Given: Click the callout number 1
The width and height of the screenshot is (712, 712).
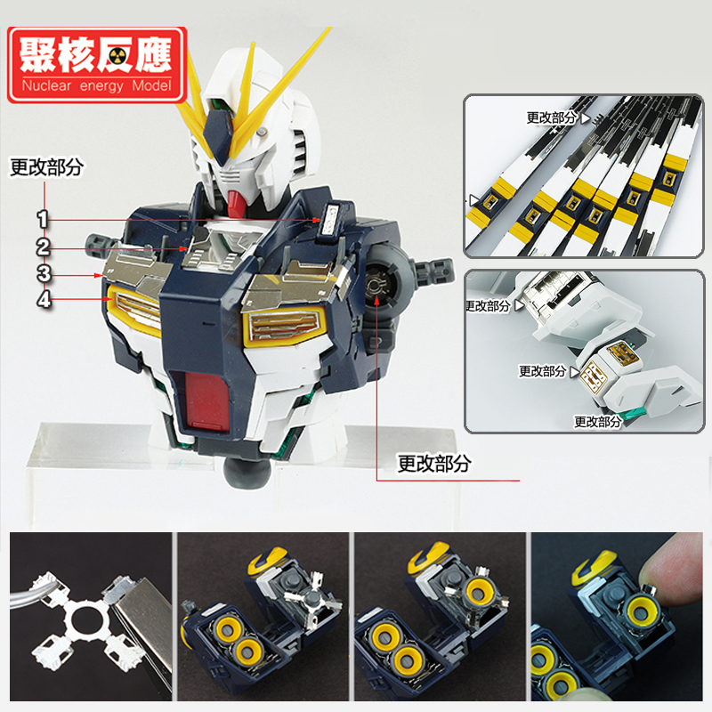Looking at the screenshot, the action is click(43, 219).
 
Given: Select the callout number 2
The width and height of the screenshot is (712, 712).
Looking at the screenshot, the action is click(43, 247).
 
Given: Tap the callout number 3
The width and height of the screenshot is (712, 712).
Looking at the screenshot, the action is click(44, 274).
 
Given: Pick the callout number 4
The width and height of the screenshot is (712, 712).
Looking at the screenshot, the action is click(44, 300).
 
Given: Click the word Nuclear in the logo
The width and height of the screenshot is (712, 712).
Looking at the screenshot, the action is click(46, 85).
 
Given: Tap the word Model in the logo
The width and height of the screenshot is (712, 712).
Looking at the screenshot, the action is click(151, 85).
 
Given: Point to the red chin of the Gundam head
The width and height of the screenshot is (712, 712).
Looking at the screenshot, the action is click(235, 203).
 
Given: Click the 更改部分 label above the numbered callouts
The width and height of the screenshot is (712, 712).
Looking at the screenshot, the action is click(46, 167).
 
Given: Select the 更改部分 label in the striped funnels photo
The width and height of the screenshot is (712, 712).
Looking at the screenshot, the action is click(551, 118).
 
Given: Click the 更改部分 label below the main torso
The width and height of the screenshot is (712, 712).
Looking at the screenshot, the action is click(434, 463).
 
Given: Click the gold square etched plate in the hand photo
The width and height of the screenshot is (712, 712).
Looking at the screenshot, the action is click(594, 376).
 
